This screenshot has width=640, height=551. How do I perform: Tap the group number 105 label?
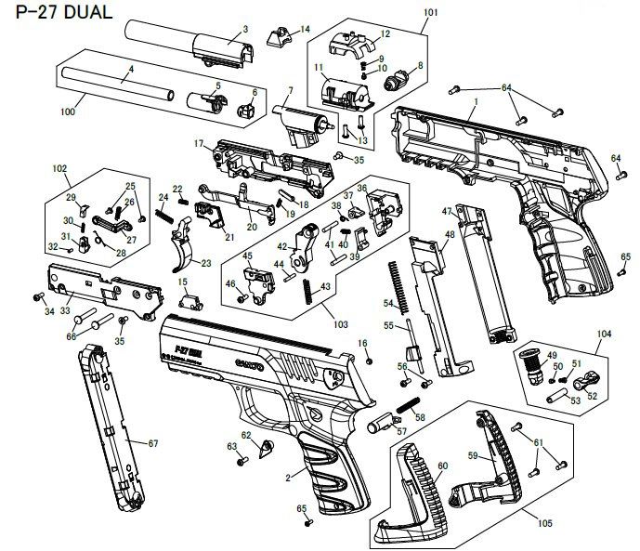(544, 524)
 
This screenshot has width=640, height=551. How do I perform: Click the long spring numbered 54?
(398, 283)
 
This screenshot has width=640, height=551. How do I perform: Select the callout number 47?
(447, 211)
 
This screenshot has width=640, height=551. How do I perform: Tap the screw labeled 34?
(39, 296)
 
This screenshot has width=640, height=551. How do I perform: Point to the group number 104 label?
(605, 332)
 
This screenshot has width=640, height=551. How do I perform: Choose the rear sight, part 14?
(278, 37)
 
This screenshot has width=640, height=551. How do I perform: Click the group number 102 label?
(60, 170)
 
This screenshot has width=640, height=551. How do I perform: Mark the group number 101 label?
(429, 13)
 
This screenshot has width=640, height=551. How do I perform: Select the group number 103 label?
(340, 326)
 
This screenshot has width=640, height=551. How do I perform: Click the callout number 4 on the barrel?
(131, 70)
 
